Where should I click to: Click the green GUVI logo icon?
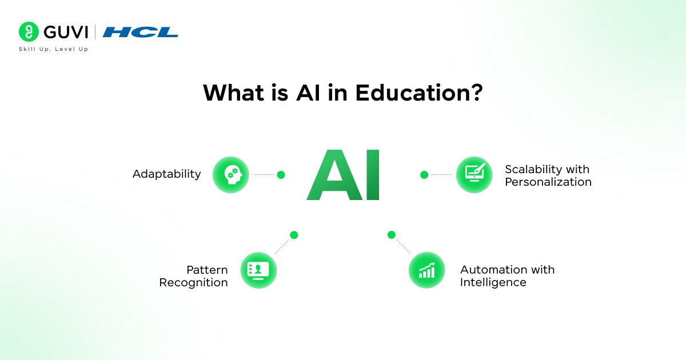coord(28,32)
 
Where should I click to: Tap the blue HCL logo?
coord(140,32)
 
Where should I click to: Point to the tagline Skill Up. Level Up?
coord(54,49)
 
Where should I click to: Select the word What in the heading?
coord(235,93)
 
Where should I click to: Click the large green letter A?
coord(332,175)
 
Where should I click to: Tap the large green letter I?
coord(372,175)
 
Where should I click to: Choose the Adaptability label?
coord(166,174)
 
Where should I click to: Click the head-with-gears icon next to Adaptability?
coord(231,175)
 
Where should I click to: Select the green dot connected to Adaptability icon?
coord(281,175)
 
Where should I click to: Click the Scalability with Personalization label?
coord(548,176)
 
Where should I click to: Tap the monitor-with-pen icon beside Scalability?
coord(474,175)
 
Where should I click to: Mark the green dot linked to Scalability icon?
coord(424,175)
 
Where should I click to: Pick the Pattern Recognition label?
coord(193,276)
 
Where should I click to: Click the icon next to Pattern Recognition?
coord(258,270)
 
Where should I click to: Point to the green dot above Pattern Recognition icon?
coord(294,235)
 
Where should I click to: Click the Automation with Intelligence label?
coord(507,276)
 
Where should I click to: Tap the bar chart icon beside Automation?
coord(426,270)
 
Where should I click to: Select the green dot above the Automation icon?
coord(392,235)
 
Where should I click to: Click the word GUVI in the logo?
coord(64,32)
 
